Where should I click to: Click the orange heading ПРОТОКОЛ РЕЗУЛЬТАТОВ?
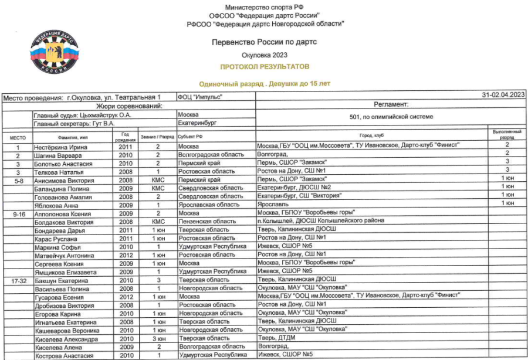[264, 67]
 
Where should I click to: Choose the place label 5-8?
[18, 181]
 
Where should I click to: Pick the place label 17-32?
[18, 281]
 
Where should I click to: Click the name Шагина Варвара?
[56, 155]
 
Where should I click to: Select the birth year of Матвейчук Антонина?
[126, 255]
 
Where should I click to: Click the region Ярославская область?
[209, 205]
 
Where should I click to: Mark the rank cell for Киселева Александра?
[157, 338]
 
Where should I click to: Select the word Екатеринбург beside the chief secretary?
[197, 124]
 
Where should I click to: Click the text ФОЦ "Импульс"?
[199, 96]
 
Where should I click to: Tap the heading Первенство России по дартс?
[264, 42]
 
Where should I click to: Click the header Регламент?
[390, 104]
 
